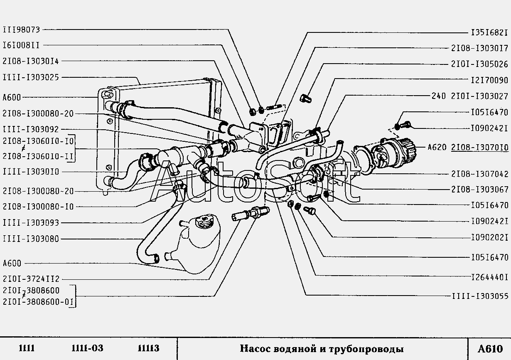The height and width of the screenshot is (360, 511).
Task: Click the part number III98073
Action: [21, 30]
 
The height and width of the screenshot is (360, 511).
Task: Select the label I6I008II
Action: [21, 45]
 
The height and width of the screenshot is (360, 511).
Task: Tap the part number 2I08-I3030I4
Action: [31, 61]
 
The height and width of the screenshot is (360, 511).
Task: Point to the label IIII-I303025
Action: [31, 77]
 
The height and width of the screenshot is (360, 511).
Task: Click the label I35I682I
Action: [489, 32]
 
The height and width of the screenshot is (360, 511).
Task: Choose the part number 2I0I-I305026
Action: [479, 64]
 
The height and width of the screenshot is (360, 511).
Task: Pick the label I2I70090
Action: [489, 80]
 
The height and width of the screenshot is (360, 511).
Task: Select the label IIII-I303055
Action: [479, 296]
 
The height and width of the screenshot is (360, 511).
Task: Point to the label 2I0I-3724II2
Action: [31, 279]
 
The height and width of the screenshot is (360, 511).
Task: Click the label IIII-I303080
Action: [31, 239]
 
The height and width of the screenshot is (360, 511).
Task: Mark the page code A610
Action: [490, 348]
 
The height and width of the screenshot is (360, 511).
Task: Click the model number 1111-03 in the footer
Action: [87, 348]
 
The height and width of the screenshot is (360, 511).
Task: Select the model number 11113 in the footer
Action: [148, 348]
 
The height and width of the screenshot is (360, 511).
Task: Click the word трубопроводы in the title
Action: [366, 349]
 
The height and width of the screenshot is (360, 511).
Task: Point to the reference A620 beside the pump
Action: [436, 147]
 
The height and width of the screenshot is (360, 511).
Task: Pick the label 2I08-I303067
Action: [479, 190]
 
